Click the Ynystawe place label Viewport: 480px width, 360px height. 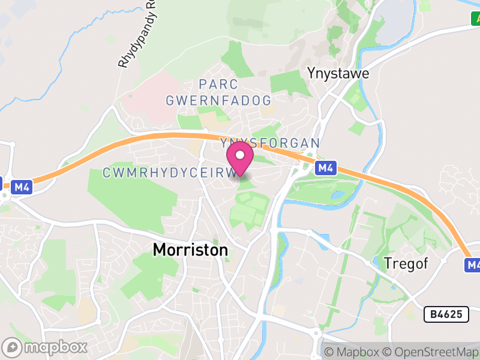click(338, 73)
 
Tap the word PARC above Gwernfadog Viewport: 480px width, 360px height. click(218, 85)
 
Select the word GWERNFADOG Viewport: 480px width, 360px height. click(218, 100)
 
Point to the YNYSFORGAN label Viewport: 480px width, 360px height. click(270, 143)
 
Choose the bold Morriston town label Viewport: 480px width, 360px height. click(190, 250)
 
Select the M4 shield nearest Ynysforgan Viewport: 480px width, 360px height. click(325, 168)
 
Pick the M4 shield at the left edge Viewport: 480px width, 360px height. click(22, 187)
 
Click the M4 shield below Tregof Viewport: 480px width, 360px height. click(473, 265)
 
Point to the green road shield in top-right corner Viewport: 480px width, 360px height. click(475, 19)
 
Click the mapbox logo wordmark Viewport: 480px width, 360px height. click(55, 347)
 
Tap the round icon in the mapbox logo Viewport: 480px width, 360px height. click(12, 347)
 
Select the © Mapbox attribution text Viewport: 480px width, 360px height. click(350, 352)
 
